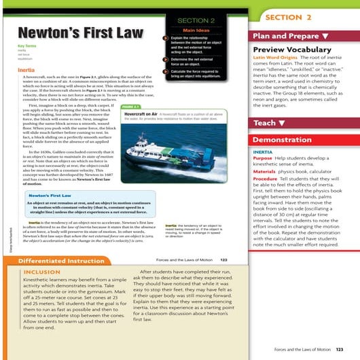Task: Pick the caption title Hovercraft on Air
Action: point(145,115)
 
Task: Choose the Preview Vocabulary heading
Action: point(285,50)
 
